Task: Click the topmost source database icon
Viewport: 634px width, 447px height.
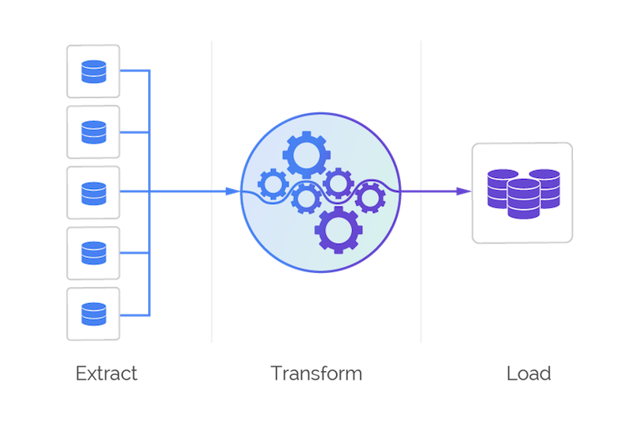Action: (93, 71)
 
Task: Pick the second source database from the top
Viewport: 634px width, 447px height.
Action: (93, 131)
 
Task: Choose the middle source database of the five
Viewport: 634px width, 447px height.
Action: (93, 192)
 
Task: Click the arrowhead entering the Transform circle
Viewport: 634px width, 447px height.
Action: (231, 192)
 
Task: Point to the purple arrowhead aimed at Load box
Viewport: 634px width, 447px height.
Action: (461, 192)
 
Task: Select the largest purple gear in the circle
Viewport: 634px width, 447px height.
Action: (338, 229)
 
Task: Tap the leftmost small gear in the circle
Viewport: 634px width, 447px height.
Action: (273, 186)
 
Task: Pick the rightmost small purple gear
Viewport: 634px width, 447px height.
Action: (369, 196)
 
